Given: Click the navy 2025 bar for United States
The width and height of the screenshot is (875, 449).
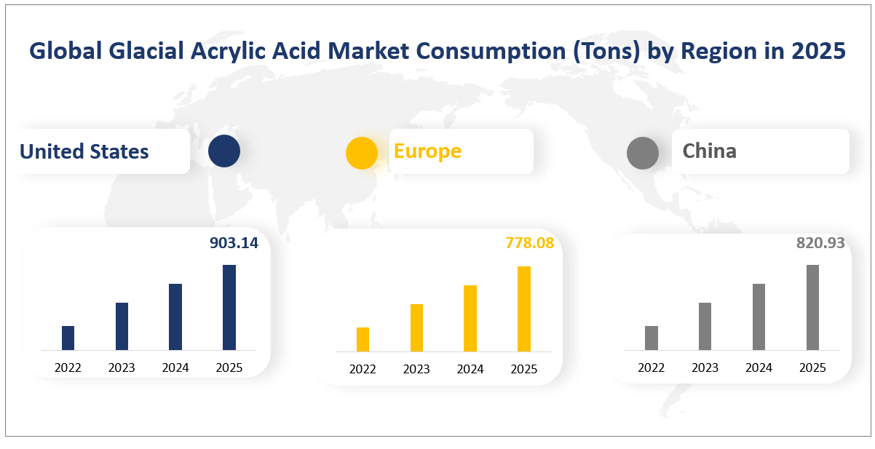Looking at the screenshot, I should tap(229, 307).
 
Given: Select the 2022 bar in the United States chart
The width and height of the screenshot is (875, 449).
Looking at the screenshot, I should tap(68, 338).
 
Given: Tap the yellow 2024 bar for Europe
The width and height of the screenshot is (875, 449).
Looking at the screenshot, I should tap(470, 318).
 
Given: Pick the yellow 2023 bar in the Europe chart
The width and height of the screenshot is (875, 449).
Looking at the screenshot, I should tap(416, 327).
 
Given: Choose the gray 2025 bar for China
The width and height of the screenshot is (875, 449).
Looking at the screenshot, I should tap(812, 307).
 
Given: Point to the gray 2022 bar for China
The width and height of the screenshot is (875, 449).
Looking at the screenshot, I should tap(652, 338).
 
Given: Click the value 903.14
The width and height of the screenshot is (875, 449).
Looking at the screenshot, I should tap(234, 243).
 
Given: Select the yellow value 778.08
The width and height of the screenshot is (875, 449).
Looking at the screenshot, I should tap(530, 243).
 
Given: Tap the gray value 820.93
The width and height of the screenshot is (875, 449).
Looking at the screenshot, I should tap(820, 243).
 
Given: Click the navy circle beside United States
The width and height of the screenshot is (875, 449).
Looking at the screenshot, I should tap(223, 151).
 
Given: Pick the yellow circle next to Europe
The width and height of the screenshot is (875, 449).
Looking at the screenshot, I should tap(361, 153).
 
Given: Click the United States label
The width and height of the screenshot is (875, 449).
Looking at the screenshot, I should tap(84, 151).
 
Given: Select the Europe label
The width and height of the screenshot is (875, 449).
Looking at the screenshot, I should tap(427, 151).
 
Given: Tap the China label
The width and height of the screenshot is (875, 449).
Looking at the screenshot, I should tap(709, 151).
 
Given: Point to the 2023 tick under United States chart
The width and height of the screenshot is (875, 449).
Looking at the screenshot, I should tap(122, 367).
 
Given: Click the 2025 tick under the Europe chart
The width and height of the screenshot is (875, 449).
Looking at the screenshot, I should tap(523, 369).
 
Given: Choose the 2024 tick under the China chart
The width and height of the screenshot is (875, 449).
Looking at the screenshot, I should tap(759, 367).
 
